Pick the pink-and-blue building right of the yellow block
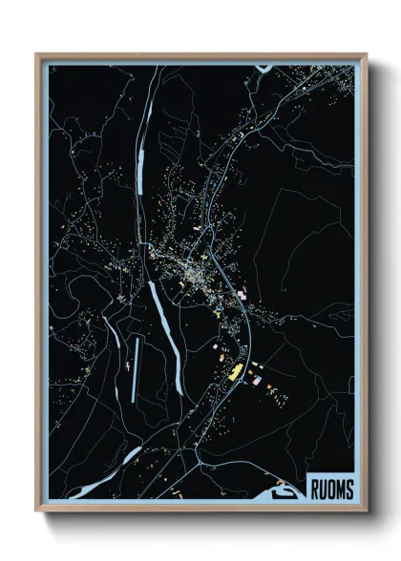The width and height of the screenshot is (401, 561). [255, 380]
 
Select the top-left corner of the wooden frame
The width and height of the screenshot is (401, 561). [37, 54]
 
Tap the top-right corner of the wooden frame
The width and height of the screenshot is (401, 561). [366, 54]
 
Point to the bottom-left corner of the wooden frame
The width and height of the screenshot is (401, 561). [37, 511]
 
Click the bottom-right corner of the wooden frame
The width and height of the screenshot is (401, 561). [366, 511]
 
